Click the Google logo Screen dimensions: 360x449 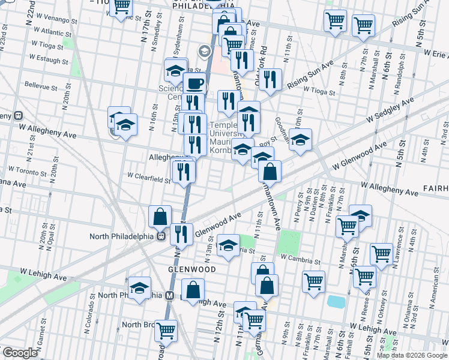(x=20, y=353)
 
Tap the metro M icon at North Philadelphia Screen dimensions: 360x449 (x=169, y=295)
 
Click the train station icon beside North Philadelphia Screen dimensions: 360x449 (x=161, y=236)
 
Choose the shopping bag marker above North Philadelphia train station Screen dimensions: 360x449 (x=160, y=216)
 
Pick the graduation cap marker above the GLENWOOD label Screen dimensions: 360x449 (x=228, y=245)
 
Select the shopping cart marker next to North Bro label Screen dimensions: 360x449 (x=166, y=329)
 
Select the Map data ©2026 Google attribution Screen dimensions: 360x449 (x=412, y=355)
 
